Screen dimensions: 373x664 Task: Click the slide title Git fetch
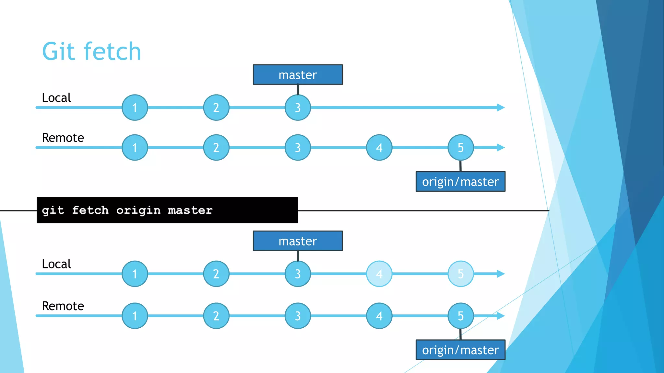(92, 51)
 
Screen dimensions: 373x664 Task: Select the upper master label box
(298, 75)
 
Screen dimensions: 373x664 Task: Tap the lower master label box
(298, 241)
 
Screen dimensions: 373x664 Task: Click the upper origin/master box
(460, 182)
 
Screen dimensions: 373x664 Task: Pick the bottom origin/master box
(460, 350)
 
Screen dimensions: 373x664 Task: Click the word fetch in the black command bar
(90, 210)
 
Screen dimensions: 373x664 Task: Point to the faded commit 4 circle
(379, 274)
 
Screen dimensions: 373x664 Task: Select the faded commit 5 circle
(460, 274)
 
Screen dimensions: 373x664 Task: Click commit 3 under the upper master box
(298, 107)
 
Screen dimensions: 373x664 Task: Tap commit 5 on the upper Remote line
(460, 148)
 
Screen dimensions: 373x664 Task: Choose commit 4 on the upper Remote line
(379, 148)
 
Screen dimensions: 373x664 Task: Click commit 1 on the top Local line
(135, 107)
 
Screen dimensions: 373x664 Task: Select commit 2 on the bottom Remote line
(216, 316)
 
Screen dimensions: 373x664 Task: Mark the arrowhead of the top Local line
(501, 107)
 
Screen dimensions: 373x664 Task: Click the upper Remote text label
(63, 138)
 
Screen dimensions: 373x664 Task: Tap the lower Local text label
(56, 264)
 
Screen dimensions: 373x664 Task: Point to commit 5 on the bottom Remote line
(460, 316)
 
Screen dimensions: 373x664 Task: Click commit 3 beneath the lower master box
(298, 274)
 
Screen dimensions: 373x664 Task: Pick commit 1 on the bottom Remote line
(135, 316)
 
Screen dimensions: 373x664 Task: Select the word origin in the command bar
(138, 210)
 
